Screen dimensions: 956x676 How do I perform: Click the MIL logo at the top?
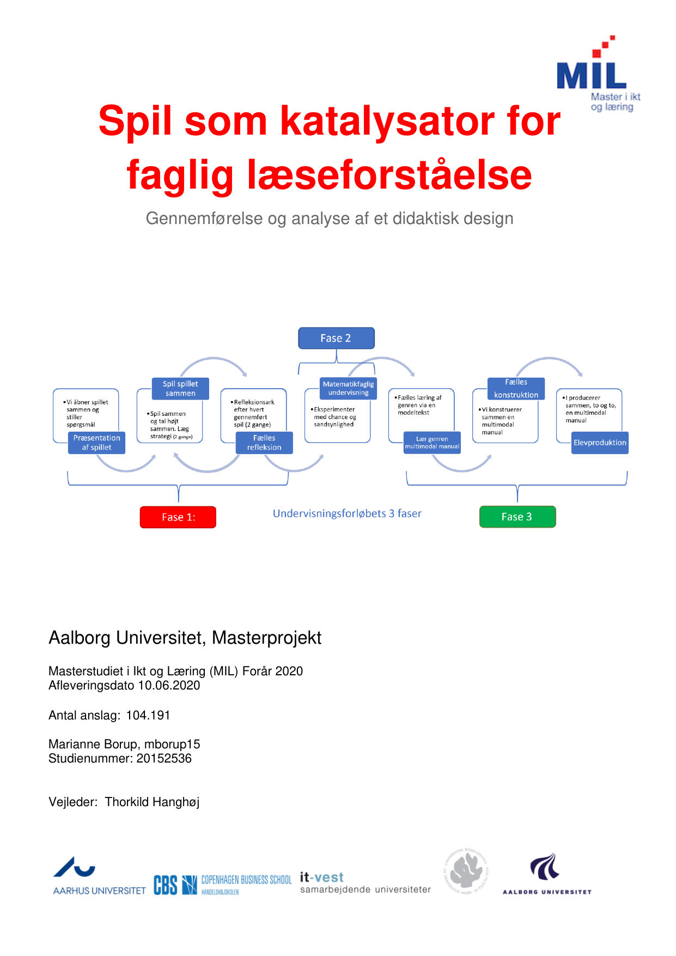pos(598,74)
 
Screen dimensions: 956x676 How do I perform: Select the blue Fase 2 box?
pos(336,338)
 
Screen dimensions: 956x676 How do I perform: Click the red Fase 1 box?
pos(178,517)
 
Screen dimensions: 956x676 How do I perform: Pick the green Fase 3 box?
pos(517,517)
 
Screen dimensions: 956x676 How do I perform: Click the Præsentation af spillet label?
pos(97,443)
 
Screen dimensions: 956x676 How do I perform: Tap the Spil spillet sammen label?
pos(180,389)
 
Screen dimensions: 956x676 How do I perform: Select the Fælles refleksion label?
pos(264,443)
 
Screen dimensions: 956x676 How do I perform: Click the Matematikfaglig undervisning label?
pos(348,389)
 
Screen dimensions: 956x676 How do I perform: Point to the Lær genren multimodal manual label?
pos(432,443)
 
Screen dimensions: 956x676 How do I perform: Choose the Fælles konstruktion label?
pos(516,389)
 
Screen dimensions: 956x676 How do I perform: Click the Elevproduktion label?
pos(600,443)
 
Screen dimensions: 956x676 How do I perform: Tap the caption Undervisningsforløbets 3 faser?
pos(347,513)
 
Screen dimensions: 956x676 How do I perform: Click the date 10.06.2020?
pos(169,686)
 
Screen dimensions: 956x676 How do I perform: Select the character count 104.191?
pos(148,716)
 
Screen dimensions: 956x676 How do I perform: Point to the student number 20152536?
pos(164,759)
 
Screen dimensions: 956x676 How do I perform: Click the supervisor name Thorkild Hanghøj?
pos(152,802)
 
